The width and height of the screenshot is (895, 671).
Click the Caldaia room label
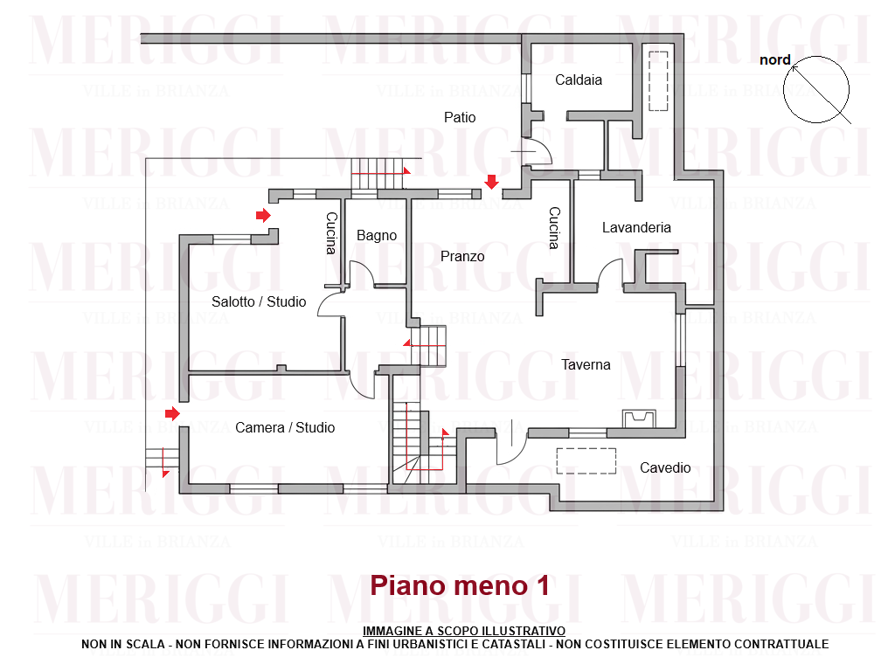coord(579,80)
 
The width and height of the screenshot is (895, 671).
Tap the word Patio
coord(460,117)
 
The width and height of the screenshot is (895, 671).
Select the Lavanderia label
coord(636,227)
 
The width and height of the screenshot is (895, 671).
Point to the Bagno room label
coord(377,236)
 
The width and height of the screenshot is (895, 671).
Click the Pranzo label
coord(462,257)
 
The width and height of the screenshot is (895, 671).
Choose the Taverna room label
coord(586,365)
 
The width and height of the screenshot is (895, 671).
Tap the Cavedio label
coord(665,468)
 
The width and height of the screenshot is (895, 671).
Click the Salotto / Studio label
coord(259,302)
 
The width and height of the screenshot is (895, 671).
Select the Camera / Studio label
coord(285,428)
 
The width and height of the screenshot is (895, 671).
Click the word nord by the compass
coord(775,60)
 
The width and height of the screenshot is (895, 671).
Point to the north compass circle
coord(816,89)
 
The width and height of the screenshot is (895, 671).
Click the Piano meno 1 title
coord(460,585)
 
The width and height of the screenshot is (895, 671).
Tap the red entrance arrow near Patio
coord(492,182)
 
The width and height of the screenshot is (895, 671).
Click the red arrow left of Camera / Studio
coord(173,412)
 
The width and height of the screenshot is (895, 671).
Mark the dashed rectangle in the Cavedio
coord(586,460)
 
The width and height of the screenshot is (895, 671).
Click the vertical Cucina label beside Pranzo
coord(554,228)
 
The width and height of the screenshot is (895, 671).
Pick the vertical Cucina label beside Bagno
coord(331,233)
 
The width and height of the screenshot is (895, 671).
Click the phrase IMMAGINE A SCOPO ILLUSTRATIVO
coord(464,631)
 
